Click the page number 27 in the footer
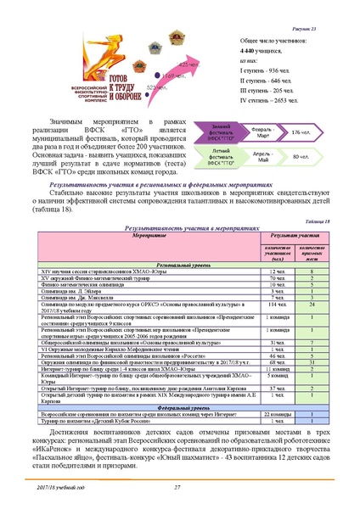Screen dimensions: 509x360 point(177,486)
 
